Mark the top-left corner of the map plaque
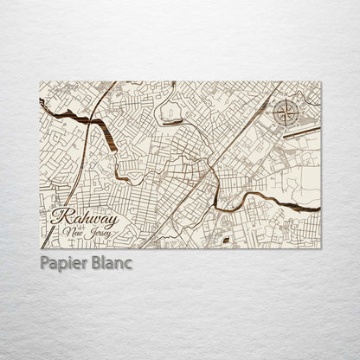[x=41, y=81]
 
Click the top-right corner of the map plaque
[x=321, y=81]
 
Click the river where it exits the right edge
[x=318, y=208]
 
